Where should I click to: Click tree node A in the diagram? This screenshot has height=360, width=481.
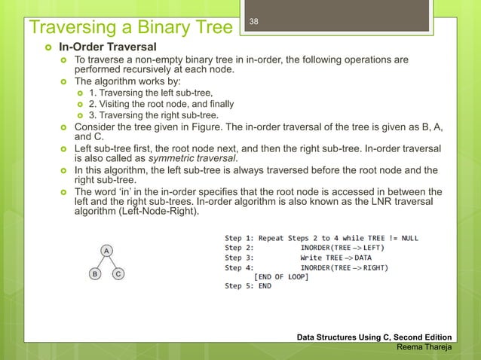(x=107, y=250)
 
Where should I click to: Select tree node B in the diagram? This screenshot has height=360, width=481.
(x=94, y=274)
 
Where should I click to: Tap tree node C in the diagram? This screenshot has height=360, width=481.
(x=119, y=274)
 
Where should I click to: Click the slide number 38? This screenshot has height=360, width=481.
(x=254, y=22)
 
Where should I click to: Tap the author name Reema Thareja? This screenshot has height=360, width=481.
(x=424, y=347)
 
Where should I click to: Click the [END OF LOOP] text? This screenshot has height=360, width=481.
(x=280, y=276)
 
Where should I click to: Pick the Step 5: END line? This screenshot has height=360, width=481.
(x=248, y=286)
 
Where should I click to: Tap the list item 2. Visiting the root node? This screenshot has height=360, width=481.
(x=161, y=103)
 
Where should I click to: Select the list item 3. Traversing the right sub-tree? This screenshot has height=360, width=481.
(x=154, y=115)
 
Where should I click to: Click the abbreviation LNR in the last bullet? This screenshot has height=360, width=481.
(x=364, y=202)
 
